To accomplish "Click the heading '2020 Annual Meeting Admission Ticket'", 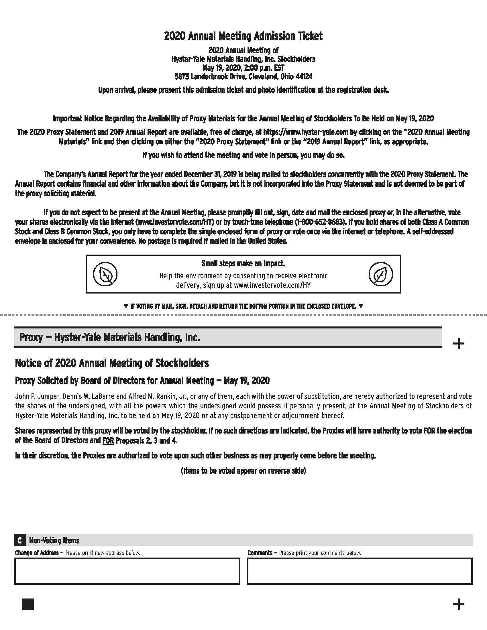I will coord(243,36).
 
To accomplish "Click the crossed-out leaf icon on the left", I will coord(105,274).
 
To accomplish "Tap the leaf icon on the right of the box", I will coord(380,274).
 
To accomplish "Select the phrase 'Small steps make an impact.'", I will coord(243,263).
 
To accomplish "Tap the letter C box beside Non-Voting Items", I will coord(19,540).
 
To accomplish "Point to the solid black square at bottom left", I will coord(28,604).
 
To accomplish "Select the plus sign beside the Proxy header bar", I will coord(458,344).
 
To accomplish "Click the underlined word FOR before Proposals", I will coord(108,440).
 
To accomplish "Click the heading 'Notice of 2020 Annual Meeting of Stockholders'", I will coord(112,363).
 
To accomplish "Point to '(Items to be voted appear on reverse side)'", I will coord(243,471).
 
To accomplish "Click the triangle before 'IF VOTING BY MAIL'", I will coord(125,306).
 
